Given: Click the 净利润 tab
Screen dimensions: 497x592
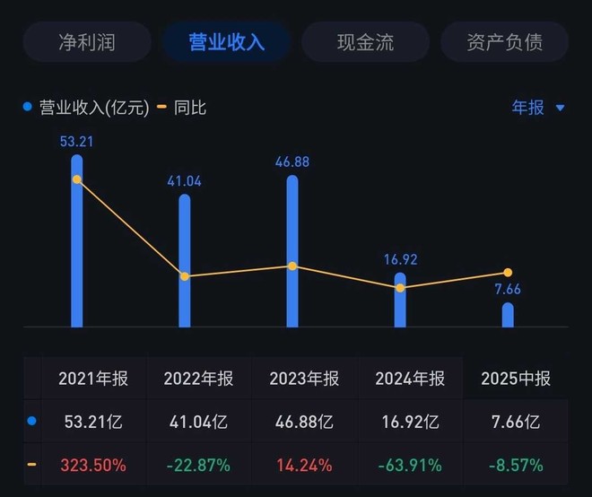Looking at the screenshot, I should (87, 42).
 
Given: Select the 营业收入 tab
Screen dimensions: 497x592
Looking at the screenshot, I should (226, 42).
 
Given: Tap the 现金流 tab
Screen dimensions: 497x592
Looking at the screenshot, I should (365, 42).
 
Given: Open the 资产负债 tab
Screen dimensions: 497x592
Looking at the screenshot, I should (504, 42).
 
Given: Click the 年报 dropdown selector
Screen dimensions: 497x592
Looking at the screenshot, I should (537, 108).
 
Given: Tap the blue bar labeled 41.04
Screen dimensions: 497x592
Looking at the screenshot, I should (185, 260).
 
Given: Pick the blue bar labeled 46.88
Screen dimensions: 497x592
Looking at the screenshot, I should (292, 251).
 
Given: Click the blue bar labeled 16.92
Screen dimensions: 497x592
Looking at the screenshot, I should (400, 300).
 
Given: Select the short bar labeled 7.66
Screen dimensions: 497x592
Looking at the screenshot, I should (508, 315).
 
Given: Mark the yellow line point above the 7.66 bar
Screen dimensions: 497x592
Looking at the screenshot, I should (508, 272).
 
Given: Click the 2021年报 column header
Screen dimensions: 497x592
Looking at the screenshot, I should (93, 379).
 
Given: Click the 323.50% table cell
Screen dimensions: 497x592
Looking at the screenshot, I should (93, 465).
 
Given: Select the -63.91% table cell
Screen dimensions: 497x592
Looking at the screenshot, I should (410, 465).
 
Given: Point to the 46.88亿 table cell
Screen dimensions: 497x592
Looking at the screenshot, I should (304, 421).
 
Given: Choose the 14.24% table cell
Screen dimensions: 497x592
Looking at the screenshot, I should (304, 465).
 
